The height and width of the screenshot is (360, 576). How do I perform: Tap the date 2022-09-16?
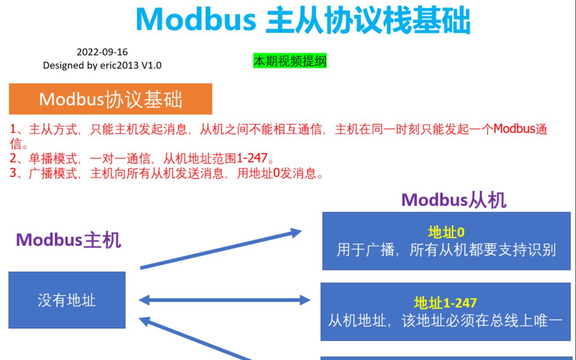coord(102,52)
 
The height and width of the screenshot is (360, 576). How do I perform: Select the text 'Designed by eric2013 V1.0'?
coord(102,65)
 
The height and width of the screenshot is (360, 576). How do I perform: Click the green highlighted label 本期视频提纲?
coord(290,61)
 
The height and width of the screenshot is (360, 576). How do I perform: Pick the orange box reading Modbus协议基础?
coord(111,99)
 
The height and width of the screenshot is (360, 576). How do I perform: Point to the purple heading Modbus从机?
coord(453,200)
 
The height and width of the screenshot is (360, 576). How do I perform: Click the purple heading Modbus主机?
coord(68,240)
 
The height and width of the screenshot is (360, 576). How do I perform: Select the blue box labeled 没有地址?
coord(67,300)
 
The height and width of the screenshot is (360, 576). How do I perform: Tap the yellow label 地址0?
coord(446,232)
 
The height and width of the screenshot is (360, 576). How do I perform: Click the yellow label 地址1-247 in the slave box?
coord(445,303)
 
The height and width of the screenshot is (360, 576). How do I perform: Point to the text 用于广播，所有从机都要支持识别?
coord(446,250)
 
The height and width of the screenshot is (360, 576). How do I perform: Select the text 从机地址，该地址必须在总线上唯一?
coord(445,321)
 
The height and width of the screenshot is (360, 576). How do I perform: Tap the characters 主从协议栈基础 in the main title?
coord(368,19)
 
